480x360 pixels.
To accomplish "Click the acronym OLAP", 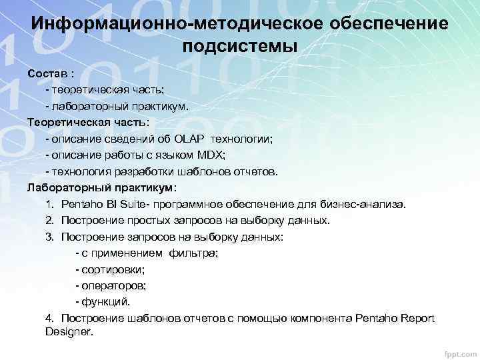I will [x=191, y=139].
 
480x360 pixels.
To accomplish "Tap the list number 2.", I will [x=50, y=220].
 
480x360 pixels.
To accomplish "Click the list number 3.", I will [x=50, y=237].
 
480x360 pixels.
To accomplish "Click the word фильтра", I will [x=193, y=253].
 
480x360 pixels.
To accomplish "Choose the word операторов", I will [x=113, y=285].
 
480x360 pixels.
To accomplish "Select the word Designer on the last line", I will [x=69, y=331].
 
